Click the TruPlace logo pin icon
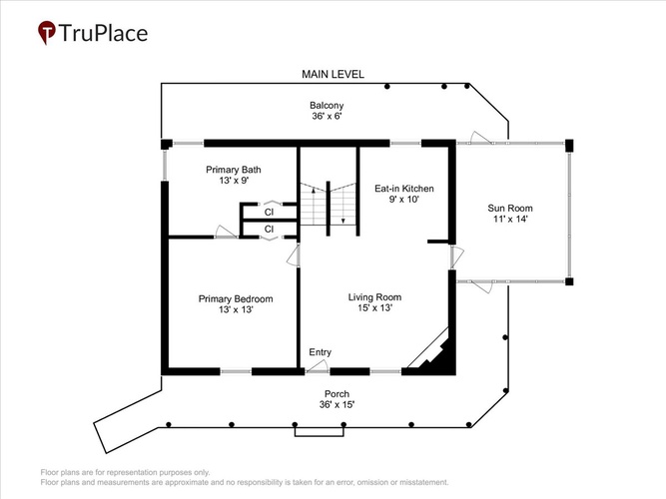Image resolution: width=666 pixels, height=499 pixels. point(47,32)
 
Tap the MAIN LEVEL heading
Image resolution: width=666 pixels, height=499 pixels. point(333,74)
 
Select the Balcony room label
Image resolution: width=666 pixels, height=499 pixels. point(327,106)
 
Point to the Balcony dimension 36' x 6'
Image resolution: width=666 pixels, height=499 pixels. point(328,116)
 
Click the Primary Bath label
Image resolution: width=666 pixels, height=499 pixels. point(234,170)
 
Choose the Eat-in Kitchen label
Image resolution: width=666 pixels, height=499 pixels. point(404,189)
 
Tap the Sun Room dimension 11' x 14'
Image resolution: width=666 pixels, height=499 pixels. point(510,219)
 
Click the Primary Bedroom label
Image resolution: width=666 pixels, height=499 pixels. point(236,299)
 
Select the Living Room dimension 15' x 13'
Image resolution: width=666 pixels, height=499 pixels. point(374,308)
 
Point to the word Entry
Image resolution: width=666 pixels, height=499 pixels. point(321,352)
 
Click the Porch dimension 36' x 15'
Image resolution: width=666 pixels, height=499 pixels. point(336,405)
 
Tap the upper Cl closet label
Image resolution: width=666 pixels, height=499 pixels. point(269,212)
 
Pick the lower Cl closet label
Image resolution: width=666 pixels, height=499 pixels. point(269,230)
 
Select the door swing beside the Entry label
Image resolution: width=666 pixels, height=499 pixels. point(318,365)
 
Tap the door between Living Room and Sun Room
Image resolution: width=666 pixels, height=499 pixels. point(456,256)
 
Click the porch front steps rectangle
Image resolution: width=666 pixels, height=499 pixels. point(319,431)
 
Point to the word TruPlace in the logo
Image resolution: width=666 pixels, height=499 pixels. point(103,33)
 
